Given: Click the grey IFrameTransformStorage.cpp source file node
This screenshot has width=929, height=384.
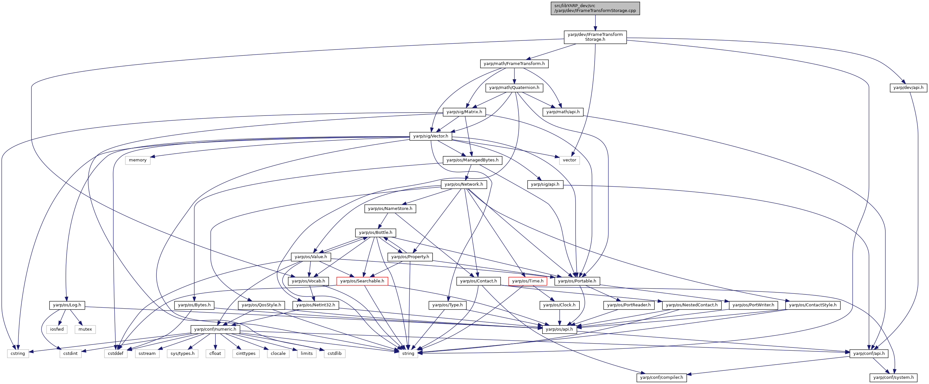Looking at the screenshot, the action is [595, 8].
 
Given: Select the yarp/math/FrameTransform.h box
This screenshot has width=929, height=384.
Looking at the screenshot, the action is [514, 64].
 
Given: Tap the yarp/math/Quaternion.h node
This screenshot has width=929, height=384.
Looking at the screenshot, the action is [514, 88].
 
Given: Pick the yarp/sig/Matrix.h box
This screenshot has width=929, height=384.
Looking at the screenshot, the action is [464, 112].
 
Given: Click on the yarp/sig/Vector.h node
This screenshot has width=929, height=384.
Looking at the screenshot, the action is [431, 136].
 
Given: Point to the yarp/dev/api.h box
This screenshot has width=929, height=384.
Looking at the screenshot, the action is [908, 88].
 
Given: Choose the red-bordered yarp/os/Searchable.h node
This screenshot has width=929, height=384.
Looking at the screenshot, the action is [362, 281].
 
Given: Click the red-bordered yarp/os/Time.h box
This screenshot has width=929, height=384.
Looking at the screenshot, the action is [528, 281].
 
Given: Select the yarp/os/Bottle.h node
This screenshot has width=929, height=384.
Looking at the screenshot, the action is [375, 232].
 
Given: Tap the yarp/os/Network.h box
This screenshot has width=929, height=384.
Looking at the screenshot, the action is [464, 184].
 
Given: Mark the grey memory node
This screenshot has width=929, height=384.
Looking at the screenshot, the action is [138, 160].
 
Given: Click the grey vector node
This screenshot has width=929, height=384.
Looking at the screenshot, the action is [569, 160].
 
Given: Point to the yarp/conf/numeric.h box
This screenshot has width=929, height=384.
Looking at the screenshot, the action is [215, 329].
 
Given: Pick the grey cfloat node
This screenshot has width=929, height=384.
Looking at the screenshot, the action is [215, 353].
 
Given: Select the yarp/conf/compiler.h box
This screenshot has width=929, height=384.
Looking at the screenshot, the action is [661, 378].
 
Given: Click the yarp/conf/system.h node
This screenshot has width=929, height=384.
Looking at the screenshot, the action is [893, 378].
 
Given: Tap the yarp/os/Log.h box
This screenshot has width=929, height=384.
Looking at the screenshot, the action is [67, 305].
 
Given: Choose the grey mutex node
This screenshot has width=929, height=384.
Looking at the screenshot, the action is [85, 329].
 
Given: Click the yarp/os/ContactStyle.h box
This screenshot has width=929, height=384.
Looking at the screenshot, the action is [813, 305].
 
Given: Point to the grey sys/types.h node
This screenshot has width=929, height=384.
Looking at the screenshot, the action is [183, 353].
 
